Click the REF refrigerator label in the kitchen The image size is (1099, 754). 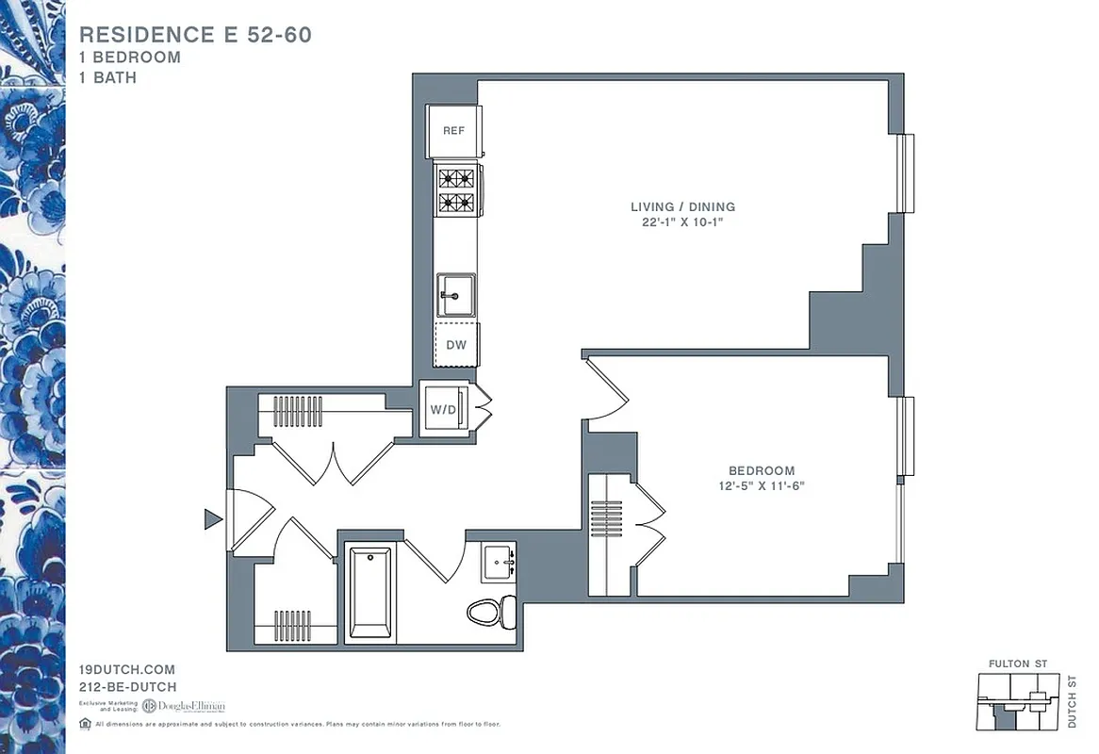(x=453, y=131)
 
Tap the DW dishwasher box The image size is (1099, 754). (x=456, y=345)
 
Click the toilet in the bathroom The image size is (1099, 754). (x=491, y=612)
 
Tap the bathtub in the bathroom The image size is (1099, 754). (x=370, y=593)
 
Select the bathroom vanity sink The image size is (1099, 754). (x=498, y=563)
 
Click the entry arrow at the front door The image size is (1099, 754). (x=214, y=518)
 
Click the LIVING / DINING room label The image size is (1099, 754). (x=682, y=206)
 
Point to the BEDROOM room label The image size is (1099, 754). (x=761, y=470)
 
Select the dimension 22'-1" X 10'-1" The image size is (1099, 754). (x=682, y=222)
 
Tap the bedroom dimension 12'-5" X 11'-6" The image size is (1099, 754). (x=761, y=486)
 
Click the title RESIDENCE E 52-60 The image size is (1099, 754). (x=195, y=35)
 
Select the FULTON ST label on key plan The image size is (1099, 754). (x=1017, y=664)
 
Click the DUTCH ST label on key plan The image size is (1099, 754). (x=1072, y=701)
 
